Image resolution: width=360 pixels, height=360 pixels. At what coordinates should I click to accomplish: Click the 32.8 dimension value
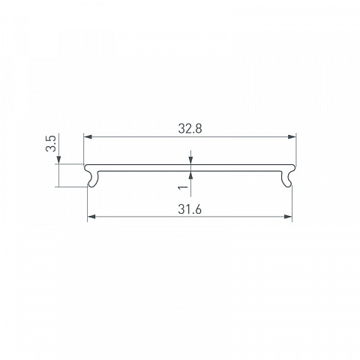(190, 129)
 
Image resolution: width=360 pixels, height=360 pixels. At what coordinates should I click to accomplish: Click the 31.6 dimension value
(190, 209)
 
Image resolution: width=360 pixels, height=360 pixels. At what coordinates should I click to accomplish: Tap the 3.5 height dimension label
(51, 143)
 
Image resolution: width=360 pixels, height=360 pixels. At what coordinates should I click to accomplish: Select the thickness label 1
(183, 187)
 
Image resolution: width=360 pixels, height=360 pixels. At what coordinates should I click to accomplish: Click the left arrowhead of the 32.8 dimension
(88, 136)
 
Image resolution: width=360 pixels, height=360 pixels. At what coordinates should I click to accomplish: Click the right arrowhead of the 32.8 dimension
(292, 136)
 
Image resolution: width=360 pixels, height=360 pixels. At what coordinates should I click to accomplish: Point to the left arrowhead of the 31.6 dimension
(91, 217)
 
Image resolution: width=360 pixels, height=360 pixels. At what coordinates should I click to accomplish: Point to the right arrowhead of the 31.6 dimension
(288, 217)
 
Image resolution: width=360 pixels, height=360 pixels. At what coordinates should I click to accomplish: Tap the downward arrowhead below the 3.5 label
(58, 160)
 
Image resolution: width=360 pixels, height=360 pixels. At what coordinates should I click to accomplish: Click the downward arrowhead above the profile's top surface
(191, 160)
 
